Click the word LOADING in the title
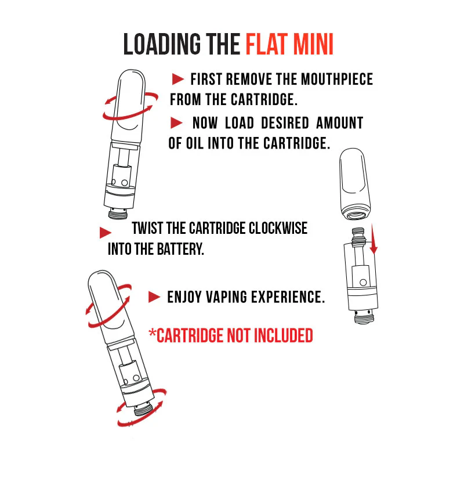pos(162,44)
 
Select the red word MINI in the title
pos(314,44)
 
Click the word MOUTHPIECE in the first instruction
pos(337,79)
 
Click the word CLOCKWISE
pos(278,229)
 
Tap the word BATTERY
pos(180,249)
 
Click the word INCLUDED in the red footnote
pos(284,335)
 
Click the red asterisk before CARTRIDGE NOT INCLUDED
pos(152,333)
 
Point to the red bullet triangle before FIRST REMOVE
pos(178,79)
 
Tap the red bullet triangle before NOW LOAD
pos(177,123)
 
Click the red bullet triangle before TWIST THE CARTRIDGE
pos(106,233)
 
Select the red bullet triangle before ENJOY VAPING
pos(154,297)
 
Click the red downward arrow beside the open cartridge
pos(373,239)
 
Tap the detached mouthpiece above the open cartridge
pos(355,184)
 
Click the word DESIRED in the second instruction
pos(285,123)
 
